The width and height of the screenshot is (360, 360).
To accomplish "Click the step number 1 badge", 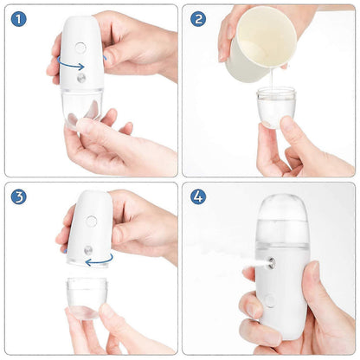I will tap(18, 18).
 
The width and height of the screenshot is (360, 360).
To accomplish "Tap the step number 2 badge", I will tap(198, 18).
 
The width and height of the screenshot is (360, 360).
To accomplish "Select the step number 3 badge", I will tap(18, 196).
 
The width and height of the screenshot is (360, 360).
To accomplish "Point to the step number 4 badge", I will tap(198, 196).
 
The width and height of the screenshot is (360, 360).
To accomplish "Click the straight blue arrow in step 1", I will tap(74, 65).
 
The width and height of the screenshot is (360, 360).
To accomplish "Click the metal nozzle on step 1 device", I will tap(80, 78).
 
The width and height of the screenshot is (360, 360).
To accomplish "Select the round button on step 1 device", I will tap(80, 48).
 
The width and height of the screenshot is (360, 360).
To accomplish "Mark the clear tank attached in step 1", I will tap(82, 107).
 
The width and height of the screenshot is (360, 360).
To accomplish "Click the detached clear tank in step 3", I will tap(87, 297).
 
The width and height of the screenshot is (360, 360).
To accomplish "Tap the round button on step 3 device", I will tap(91, 221).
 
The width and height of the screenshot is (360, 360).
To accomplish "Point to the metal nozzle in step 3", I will tap(87, 250).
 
